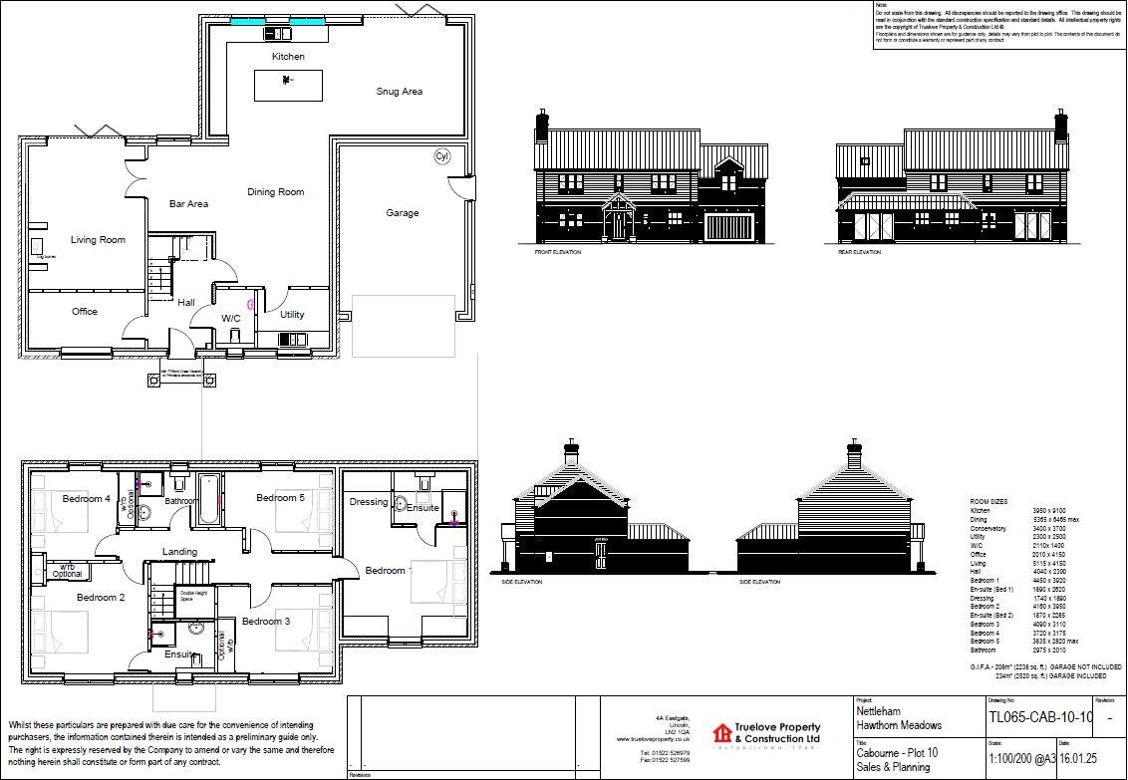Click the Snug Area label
click(399, 92)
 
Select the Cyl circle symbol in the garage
click(441, 156)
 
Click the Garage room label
click(403, 213)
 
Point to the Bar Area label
click(188, 204)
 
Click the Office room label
click(85, 312)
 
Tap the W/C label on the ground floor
click(231, 319)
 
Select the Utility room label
click(292, 315)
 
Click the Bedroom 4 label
click(86, 498)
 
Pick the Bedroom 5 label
click(280, 497)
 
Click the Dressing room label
click(368, 502)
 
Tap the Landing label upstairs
click(179, 552)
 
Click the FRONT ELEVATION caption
click(558, 253)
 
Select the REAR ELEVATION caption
click(860, 253)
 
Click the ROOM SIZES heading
click(988, 502)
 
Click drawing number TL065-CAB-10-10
click(1040, 717)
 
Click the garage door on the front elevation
click(720, 227)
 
